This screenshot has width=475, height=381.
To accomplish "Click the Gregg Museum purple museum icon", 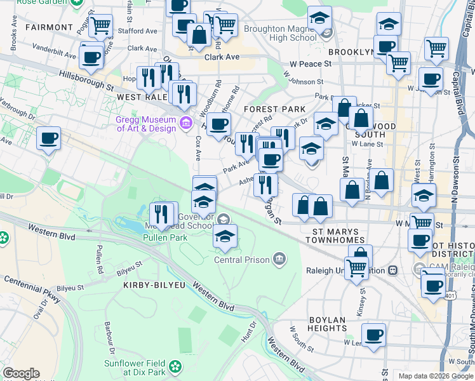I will click(x=185, y=122).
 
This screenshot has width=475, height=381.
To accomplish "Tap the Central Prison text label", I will click(x=241, y=260).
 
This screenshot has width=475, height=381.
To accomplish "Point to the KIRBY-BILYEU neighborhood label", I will click(x=151, y=286).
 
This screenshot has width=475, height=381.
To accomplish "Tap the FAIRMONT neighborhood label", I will click(x=50, y=27).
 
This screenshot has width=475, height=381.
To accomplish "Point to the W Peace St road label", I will click(x=311, y=64).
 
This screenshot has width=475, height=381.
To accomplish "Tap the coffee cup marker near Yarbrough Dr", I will click(x=48, y=138).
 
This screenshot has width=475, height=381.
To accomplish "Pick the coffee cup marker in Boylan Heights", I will click(x=373, y=335).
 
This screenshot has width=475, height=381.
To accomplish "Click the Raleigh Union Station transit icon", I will click(x=392, y=270).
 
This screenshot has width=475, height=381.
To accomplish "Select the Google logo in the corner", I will click(x=21, y=373).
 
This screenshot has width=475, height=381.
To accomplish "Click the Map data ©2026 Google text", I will click(x=435, y=376).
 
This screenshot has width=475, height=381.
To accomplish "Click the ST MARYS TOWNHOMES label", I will click(x=335, y=236).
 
